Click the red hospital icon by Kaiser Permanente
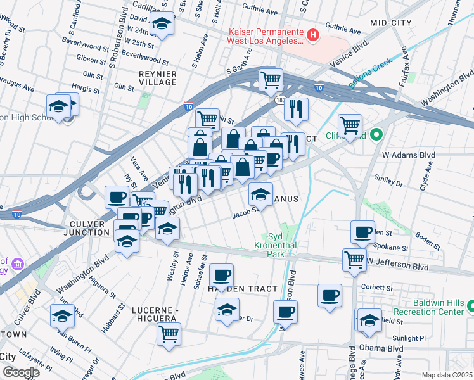click(312, 36)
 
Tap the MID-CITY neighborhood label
click(391, 23)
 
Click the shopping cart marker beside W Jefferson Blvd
click(354, 258)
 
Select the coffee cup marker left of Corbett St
click(330, 295)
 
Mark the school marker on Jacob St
click(260, 194)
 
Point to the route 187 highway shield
click(280, 101)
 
